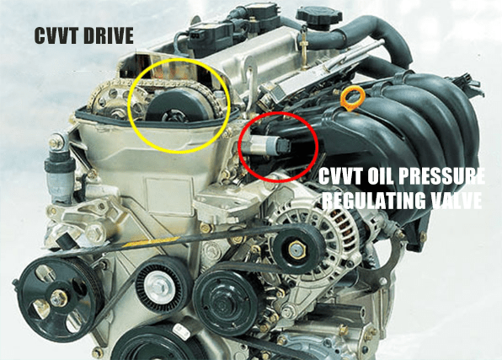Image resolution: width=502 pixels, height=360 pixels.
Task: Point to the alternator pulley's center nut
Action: pyautogui.click(x=295, y=245)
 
